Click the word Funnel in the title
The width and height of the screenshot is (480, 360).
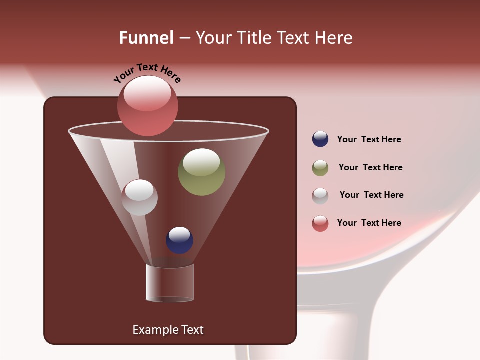coord(146,38)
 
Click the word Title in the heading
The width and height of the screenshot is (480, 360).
coord(254,38)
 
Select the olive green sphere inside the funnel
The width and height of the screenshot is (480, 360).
coord(201,172)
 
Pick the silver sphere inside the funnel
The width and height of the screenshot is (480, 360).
coord(139,197)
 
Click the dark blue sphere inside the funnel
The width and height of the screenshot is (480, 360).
coord(179,240)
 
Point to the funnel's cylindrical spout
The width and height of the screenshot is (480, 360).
coord(170,283)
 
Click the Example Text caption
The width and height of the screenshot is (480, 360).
coord(168,330)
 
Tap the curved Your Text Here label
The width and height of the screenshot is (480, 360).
coord(147,73)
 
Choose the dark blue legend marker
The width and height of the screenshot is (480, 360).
coord(320,139)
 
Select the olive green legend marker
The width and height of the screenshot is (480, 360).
coord(320,168)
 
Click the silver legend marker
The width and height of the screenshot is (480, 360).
coord(320,196)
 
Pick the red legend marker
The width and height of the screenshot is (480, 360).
coord(320,223)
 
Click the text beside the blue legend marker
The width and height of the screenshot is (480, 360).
coord(369,140)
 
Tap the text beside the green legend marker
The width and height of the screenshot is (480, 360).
coord(370,168)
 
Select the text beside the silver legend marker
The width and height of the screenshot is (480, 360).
coord(371,195)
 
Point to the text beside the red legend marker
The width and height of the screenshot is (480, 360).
coord(369,223)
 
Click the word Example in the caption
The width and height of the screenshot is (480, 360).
coord(154,330)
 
